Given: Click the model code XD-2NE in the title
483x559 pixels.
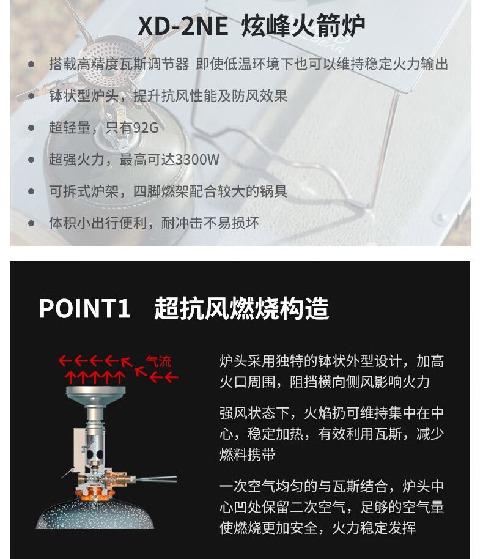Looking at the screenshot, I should tap(183, 27).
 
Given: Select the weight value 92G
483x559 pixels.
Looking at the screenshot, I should tap(144, 128).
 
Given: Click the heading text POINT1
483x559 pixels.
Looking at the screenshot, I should tap(85, 308).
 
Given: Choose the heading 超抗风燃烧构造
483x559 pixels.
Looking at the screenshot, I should tap(242, 308).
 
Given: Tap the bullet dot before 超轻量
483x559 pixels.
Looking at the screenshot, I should tap(31, 128).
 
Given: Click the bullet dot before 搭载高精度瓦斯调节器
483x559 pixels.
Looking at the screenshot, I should tap(31, 64).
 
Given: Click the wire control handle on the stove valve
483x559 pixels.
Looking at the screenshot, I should tap(156, 479).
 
